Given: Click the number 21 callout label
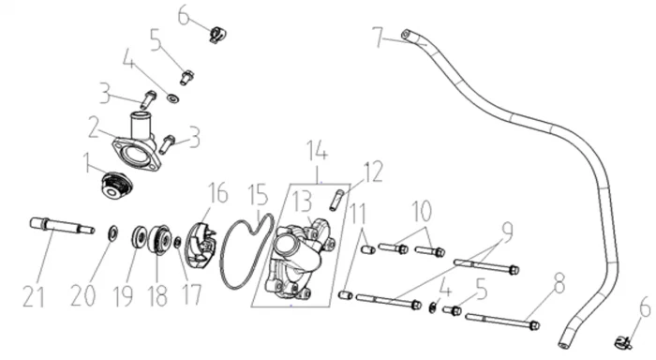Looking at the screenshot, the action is pos(33,296).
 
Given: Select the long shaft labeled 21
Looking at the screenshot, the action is pos(63,226).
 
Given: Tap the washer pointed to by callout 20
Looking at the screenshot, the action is pos(112,233).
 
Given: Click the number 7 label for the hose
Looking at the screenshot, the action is pos(379,37).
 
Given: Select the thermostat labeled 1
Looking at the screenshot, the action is pos(117,186).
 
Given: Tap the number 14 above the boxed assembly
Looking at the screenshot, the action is pos(318,150).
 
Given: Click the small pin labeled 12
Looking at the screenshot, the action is pos(336,201).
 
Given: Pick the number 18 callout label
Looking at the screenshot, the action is pos(157,296).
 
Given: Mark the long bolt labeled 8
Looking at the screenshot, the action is pos(502,321).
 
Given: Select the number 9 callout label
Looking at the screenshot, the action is pos(507,232).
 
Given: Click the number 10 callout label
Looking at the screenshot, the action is pos(422,211).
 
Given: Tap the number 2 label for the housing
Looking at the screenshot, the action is pos(94,127).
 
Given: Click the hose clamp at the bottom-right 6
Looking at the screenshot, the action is pos(623,342).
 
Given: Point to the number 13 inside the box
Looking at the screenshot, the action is pos(302,202).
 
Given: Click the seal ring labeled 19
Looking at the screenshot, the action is pos(139,238).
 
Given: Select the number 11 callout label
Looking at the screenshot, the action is pos(358,214).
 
